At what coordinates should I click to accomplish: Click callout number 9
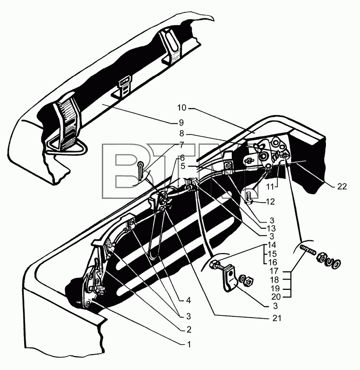(181, 123)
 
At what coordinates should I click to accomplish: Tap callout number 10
(182, 108)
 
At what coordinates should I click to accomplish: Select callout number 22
(342, 187)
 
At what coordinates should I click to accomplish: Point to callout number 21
(276, 318)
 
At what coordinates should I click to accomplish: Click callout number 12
(270, 202)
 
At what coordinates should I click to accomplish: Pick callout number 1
(189, 345)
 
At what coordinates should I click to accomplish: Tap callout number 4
(188, 300)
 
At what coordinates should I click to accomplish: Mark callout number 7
(181, 145)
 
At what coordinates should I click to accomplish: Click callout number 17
(275, 271)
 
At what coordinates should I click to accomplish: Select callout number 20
(276, 297)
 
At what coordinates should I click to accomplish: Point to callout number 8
(181, 133)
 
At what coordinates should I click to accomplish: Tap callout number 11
(270, 187)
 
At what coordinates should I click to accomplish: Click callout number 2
(189, 329)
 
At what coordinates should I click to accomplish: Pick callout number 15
(272, 254)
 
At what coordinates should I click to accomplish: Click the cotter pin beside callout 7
(141, 168)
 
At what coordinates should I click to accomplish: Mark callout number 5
(183, 167)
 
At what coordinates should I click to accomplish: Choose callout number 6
(182, 157)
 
